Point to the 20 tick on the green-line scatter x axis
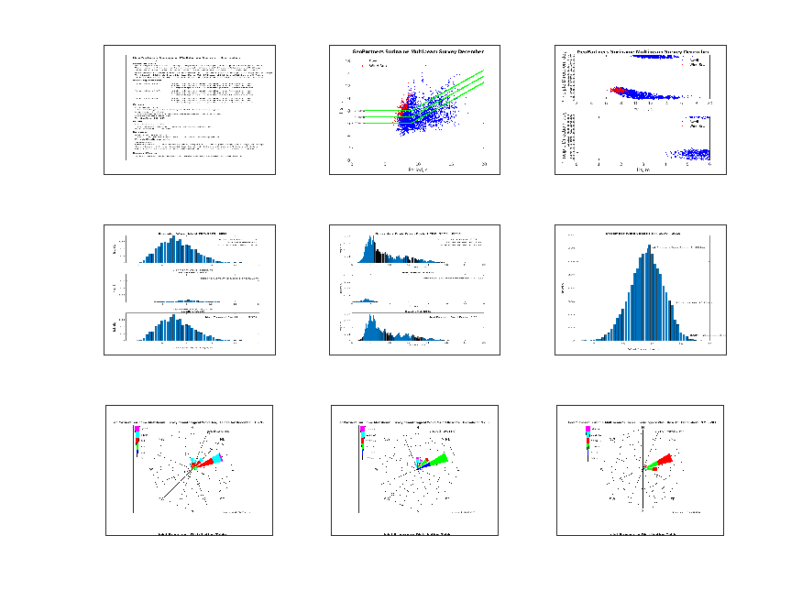tap(484, 162)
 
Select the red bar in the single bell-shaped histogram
tap(647, 293)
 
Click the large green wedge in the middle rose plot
tap(438, 459)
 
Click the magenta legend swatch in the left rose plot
tap(137, 429)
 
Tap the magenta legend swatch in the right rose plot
tap(588, 429)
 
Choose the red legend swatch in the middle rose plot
tap(362, 443)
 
